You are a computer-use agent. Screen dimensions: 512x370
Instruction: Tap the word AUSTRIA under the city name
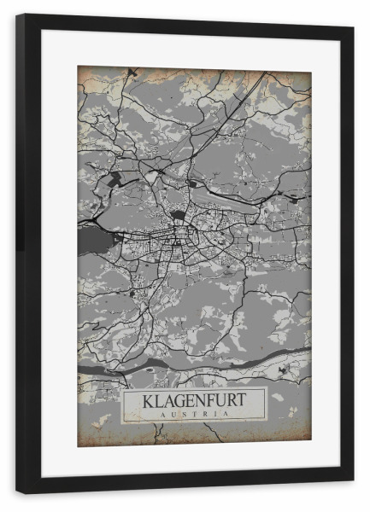(194, 414)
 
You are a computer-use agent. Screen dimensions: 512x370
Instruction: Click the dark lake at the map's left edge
(90, 241)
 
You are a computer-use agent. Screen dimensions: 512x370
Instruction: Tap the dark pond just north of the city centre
(178, 215)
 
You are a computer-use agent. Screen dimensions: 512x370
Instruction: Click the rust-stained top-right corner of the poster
(303, 73)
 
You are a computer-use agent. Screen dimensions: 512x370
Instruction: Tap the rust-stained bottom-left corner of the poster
(85, 439)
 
